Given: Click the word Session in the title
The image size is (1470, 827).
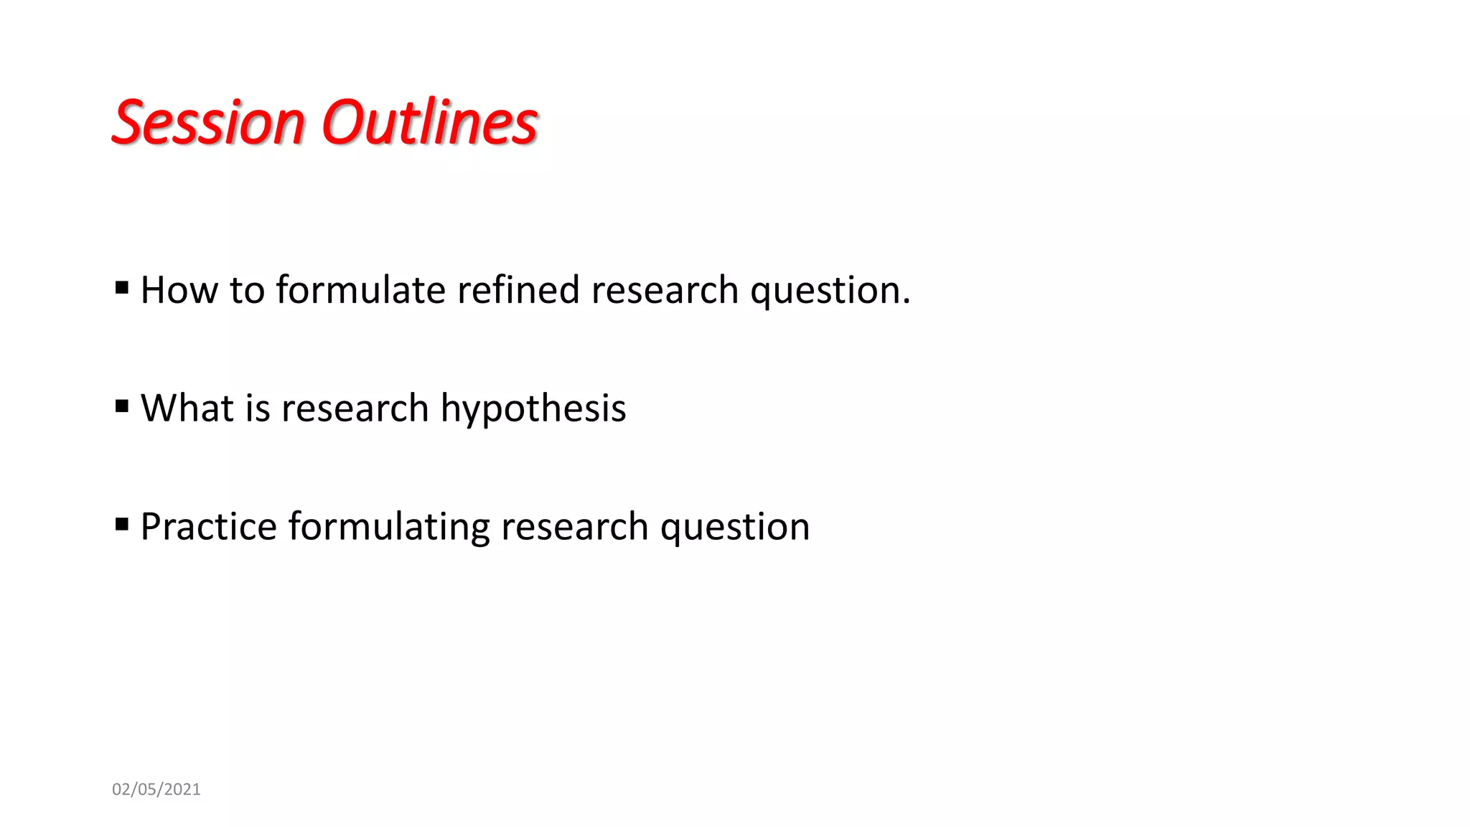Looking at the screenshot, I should point(209,123).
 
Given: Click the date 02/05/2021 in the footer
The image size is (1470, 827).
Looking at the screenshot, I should point(156,790).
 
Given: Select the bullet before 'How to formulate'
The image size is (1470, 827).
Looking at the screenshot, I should point(122,289).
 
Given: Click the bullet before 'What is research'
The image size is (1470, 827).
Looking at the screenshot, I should point(122,407).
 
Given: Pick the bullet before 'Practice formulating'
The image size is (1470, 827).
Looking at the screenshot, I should point(122,525).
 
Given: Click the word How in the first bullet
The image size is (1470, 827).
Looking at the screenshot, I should point(179,291).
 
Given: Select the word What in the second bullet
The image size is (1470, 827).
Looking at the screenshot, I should point(187,408).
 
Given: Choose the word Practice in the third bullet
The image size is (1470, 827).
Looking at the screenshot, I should point(209,527).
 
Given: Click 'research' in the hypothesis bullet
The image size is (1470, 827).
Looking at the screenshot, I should point(355,408).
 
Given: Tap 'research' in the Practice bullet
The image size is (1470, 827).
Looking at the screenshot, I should point(575,527).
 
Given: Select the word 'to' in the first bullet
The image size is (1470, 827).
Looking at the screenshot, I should point(247,291).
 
